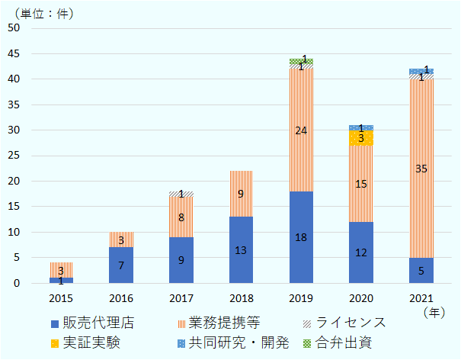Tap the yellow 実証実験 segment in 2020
click(x=360, y=138)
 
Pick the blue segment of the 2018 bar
click(x=241, y=259)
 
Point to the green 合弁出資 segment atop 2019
click(x=301, y=61)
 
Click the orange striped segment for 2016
click(x=120, y=239)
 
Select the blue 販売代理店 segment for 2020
click(x=360, y=259)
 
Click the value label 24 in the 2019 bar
click(x=301, y=130)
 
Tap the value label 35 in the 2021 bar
click(x=421, y=169)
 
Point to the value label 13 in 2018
click(x=241, y=250)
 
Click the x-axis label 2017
click(x=181, y=297)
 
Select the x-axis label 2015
click(x=61, y=297)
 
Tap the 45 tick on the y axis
click(x=13, y=53)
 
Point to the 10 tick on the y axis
click(x=13, y=232)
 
